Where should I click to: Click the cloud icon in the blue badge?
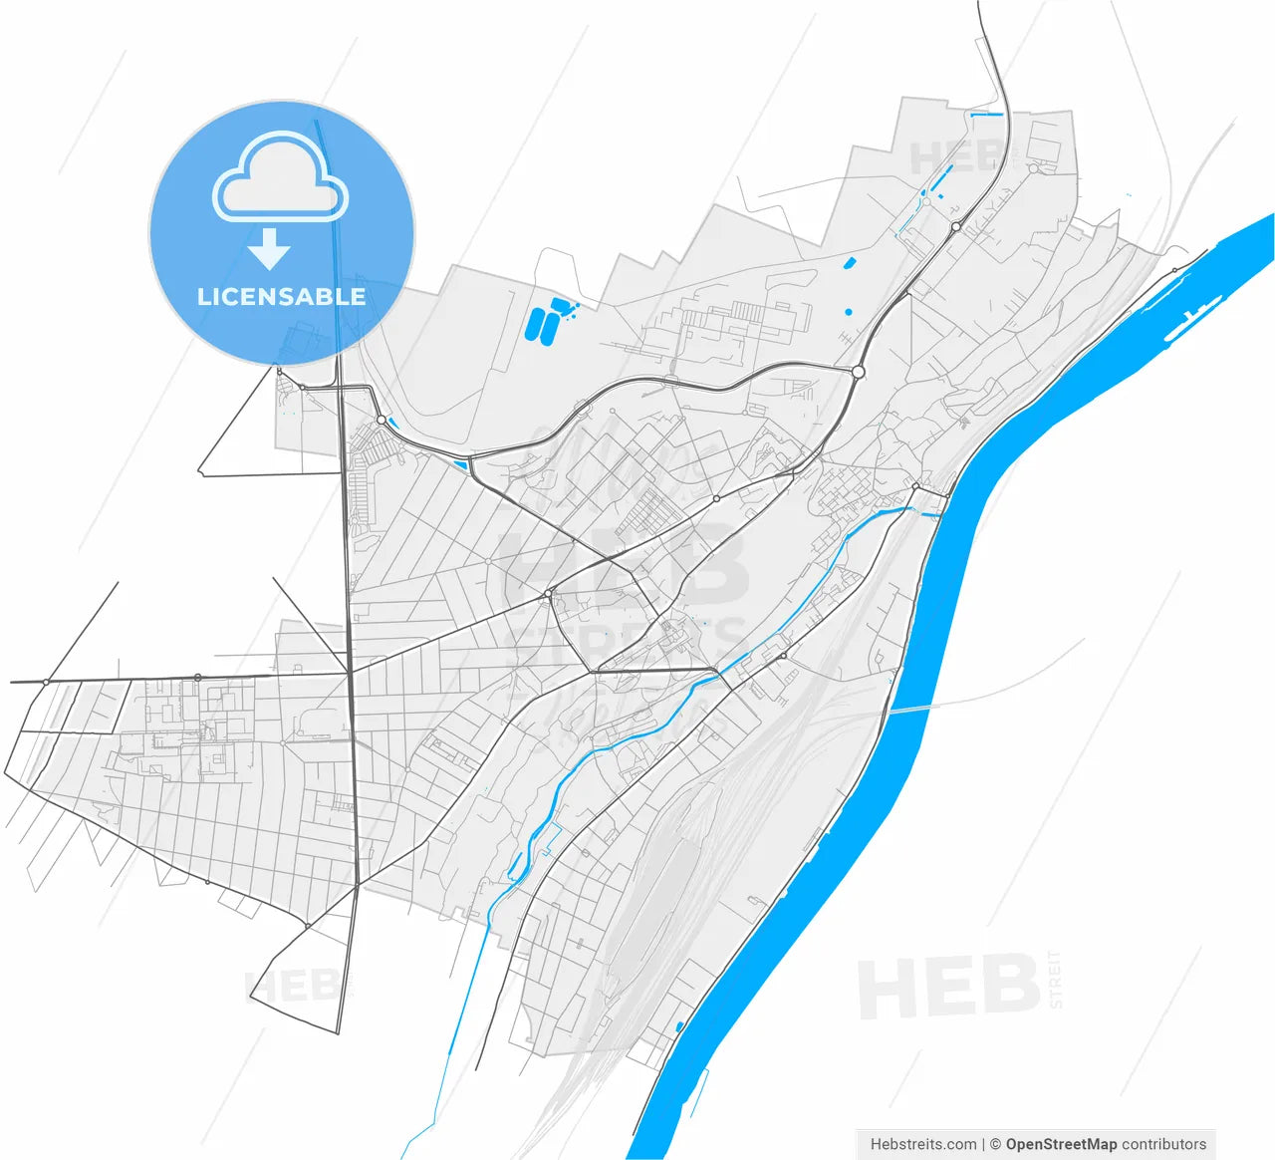click(280, 178)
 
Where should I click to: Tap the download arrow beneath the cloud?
click(269, 249)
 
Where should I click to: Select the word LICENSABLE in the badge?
click(281, 296)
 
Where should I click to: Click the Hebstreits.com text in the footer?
click(923, 1144)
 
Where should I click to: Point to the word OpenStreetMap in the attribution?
click(1061, 1144)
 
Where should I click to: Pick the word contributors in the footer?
click(1163, 1144)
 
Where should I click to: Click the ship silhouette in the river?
click(1194, 316)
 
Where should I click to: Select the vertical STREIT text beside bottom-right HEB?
click(1055, 980)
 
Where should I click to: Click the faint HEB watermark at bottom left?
click(294, 987)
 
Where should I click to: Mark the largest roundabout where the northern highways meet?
click(858, 372)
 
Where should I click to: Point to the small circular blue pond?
click(848, 312)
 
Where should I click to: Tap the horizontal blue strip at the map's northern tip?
click(986, 116)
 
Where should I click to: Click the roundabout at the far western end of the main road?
click(46, 682)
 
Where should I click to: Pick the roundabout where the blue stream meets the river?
click(915, 486)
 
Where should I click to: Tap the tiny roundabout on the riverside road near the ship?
click(1174, 270)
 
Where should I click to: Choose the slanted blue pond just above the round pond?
click(850, 264)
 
